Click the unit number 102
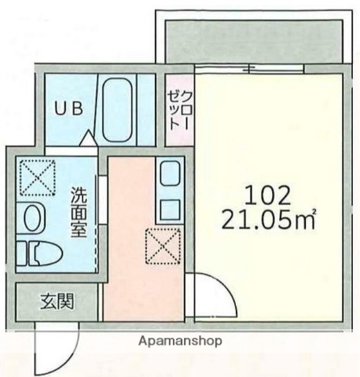[268, 194]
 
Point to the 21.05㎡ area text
[268, 219]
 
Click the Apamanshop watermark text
[180, 341]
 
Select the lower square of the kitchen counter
[169, 208]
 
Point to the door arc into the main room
[213, 295]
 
